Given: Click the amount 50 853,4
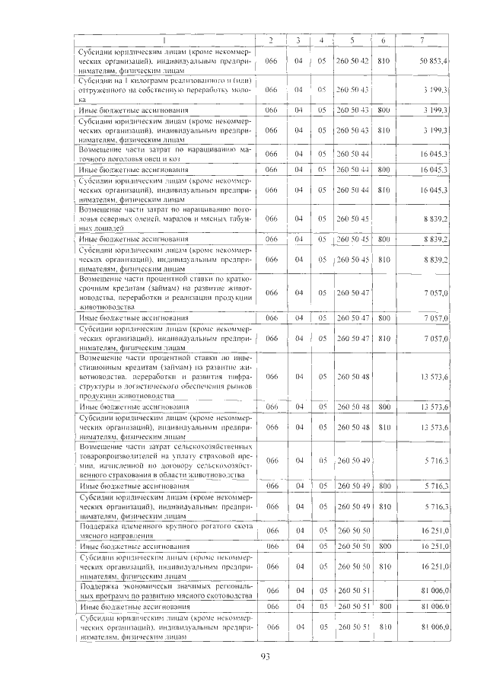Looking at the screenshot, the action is coord(433,60).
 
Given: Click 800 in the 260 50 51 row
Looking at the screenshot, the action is coord(384,608).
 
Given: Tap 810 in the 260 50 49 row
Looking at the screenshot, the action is coord(384,506).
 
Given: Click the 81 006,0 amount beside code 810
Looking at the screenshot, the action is coord(433,627).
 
